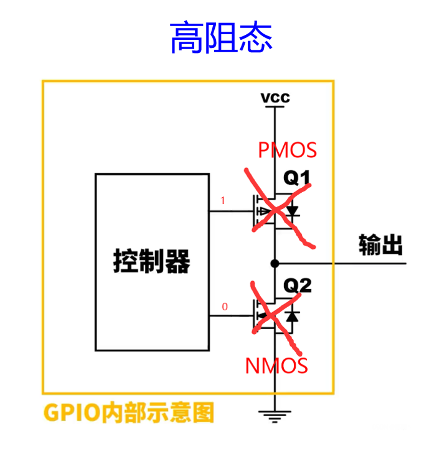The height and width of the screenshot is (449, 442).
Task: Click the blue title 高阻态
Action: click(x=221, y=37)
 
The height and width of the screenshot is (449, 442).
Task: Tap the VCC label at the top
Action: click(x=275, y=98)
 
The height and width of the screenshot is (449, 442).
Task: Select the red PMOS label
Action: click(x=287, y=150)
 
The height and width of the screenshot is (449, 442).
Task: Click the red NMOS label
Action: click(x=276, y=366)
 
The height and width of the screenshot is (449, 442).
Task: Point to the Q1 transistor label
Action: click(x=297, y=178)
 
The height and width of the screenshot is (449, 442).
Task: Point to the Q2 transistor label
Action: click(x=297, y=285)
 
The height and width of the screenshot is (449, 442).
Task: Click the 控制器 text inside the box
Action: click(x=152, y=261)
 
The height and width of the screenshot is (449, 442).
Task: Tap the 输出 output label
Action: click(x=380, y=244)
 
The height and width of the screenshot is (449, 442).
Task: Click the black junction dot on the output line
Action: click(x=275, y=264)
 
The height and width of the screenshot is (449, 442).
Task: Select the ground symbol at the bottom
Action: click(x=275, y=417)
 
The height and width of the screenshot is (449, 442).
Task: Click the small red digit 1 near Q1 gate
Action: click(x=223, y=200)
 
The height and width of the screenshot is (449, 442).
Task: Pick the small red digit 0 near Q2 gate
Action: click(x=225, y=307)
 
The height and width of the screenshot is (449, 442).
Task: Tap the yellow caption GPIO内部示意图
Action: click(x=129, y=412)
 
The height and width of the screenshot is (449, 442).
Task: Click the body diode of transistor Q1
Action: click(x=293, y=211)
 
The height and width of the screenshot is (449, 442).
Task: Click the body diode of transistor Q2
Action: click(x=293, y=317)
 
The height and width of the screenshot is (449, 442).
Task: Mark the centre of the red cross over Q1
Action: click(x=276, y=211)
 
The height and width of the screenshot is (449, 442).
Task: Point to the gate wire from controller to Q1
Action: click(x=231, y=211)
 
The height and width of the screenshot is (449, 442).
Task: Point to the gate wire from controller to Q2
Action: click(x=231, y=316)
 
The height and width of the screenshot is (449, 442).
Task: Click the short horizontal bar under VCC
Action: click(x=275, y=107)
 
